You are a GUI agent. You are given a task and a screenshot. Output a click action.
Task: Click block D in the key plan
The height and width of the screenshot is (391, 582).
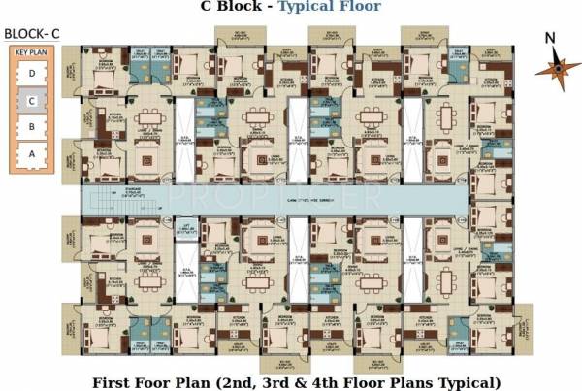33,73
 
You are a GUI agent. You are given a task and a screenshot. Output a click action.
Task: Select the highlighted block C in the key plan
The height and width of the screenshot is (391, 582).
33,99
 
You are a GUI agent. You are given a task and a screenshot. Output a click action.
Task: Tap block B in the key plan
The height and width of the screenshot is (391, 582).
33,126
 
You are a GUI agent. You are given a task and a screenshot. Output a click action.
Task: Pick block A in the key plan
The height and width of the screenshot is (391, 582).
33,152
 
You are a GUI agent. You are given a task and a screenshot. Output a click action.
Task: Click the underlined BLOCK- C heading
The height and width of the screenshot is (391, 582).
32,33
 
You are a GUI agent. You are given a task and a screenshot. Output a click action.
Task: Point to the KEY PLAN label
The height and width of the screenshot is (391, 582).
32,52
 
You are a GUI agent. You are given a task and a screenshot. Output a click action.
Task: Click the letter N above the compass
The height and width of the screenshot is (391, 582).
550,39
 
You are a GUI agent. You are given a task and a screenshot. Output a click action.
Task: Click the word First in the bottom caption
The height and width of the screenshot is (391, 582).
112,380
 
